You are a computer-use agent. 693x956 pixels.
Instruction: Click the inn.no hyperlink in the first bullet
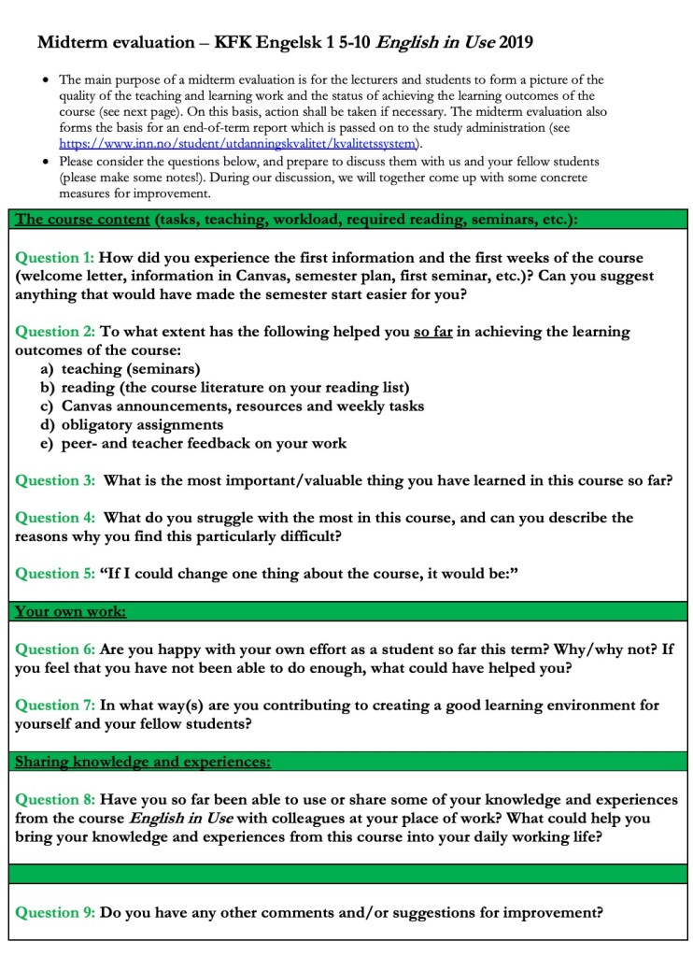click(x=239, y=144)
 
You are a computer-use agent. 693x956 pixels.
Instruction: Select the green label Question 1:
click(x=55, y=257)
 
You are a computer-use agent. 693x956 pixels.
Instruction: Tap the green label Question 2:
click(x=55, y=332)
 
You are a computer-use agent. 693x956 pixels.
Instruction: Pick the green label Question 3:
click(x=55, y=480)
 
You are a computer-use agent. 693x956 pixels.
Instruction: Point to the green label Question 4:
click(x=55, y=518)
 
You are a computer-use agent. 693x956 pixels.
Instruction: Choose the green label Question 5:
click(x=55, y=574)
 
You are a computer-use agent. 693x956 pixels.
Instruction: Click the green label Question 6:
click(x=55, y=649)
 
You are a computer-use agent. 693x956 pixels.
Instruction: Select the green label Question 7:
click(x=55, y=705)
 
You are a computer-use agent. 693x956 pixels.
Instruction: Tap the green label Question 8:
click(x=55, y=799)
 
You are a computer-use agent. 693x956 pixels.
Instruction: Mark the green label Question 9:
click(x=55, y=912)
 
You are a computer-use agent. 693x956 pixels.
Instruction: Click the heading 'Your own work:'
click(x=71, y=612)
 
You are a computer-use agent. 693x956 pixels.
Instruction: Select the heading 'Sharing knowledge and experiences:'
click(x=143, y=763)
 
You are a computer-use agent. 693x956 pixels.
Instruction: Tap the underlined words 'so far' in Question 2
click(x=432, y=332)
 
